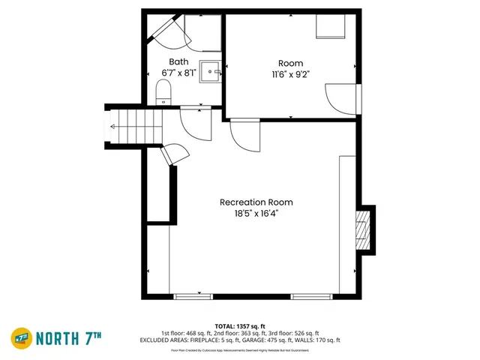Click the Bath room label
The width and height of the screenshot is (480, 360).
click(x=178, y=61)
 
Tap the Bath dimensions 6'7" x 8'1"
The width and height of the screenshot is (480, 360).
click(x=178, y=73)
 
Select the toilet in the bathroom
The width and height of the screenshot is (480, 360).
click(x=164, y=93)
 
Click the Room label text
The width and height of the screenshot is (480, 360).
click(x=291, y=63)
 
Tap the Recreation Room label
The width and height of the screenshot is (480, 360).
click(x=256, y=202)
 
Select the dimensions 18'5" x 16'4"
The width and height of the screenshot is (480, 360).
click(x=256, y=213)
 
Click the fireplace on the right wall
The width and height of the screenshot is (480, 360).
click(x=363, y=229)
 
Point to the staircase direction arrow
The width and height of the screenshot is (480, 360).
click(x=112, y=127)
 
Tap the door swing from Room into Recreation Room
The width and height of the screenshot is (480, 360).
click(x=244, y=135)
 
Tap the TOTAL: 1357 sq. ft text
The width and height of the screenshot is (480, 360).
click(x=239, y=325)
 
